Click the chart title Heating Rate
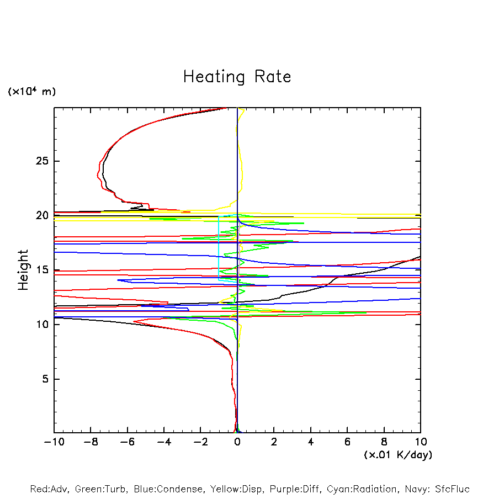tap(237, 77)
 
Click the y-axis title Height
tap(23, 270)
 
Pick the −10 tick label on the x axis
tap(54, 442)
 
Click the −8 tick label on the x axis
tap(91, 442)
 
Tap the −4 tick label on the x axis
tap(164, 442)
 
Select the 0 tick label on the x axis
tap(237, 442)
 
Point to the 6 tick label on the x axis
tap(347, 442)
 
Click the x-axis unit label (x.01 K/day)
tap(398, 455)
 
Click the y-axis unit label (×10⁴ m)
tap(31, 92)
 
